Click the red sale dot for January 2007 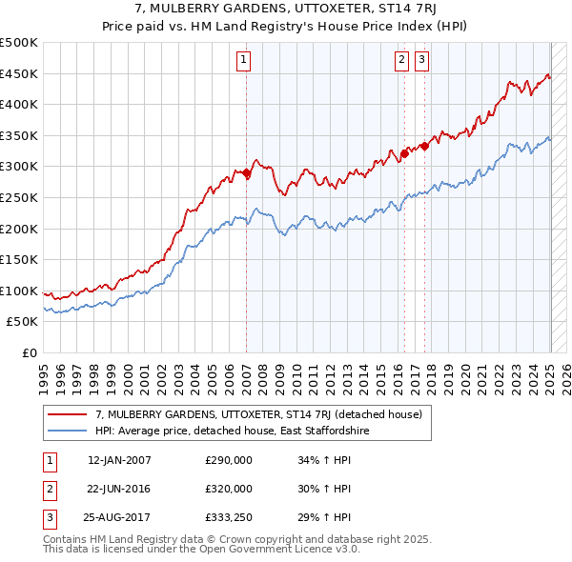pyautogui.click(x=246, y=173)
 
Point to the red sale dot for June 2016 pyautogui.click(x=404, y=152)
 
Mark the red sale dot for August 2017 pyautogui.click(x=424, y=146)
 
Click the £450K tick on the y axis pyautogui.click(x=19, y=73)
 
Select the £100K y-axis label pyautogui.click(x=19, y=291)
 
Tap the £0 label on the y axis pyautogui.click(x=28, y=352)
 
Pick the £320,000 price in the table pyautogui.click(x=229, y=489)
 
